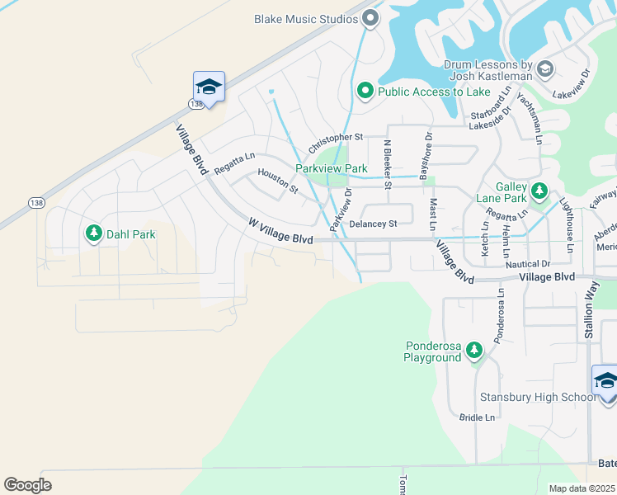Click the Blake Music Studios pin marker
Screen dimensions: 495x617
(370, 17)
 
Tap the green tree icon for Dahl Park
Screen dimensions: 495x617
(94, 234)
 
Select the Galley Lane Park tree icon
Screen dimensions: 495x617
(539, 191)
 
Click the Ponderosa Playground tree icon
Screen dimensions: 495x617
(473, 351)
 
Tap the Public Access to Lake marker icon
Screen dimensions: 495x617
(365, 92)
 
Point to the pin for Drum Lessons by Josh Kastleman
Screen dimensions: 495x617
(544, 69)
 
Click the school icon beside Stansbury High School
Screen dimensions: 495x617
(605, 382)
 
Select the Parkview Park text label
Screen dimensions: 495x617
(332, 168)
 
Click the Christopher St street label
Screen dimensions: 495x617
(336, 142)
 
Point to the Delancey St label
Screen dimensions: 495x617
(373, 224)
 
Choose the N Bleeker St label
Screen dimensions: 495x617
(387, 159)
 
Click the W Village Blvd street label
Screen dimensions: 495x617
(280, 231)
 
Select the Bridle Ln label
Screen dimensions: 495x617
(477, 417)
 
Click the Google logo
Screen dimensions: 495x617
(27, 484)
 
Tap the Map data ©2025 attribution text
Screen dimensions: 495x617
(581, 488)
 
